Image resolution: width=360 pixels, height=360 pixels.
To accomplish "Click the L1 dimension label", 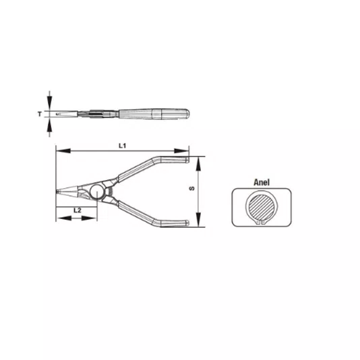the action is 123,146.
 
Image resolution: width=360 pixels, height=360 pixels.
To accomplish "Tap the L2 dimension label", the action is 78,210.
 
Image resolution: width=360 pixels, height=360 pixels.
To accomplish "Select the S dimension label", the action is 191,189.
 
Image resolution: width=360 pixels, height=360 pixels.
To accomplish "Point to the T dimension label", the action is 40,114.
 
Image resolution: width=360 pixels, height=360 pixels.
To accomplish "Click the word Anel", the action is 262,182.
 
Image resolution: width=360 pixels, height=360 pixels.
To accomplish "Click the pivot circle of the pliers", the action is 97,191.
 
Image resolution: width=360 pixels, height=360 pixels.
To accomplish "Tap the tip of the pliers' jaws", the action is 57,191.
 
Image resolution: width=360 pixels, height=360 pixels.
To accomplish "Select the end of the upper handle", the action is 187,160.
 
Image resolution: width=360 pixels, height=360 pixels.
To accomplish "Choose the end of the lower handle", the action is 187,223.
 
